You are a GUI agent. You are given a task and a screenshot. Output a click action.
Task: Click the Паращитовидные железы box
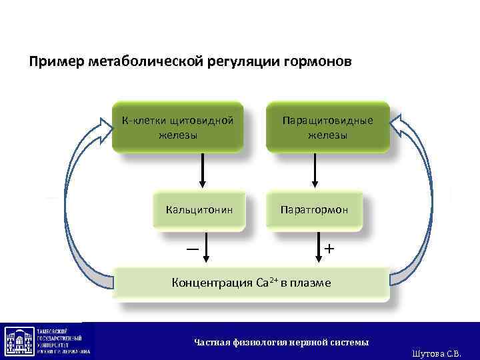[x=327, y=127]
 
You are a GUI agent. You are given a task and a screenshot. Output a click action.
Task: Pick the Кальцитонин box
[x=199, y=210]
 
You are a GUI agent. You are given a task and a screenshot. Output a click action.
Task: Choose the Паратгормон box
[x=314, y=210]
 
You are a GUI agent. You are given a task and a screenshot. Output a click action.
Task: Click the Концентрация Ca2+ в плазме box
[x=251, y=283]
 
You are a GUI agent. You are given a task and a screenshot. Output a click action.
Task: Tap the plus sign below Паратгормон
[x=329, y=248]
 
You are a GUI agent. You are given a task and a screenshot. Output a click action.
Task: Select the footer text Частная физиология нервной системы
[x=281, y=342]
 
